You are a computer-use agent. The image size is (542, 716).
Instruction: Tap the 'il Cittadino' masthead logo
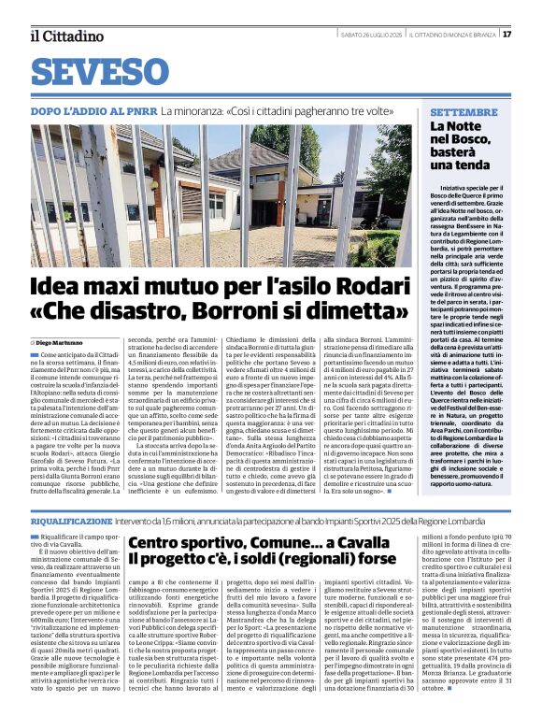coord(66,36)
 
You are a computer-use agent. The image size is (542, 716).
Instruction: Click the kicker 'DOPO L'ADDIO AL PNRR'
coord(88,111)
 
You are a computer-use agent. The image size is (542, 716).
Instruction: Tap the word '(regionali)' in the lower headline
coord(302,559)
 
